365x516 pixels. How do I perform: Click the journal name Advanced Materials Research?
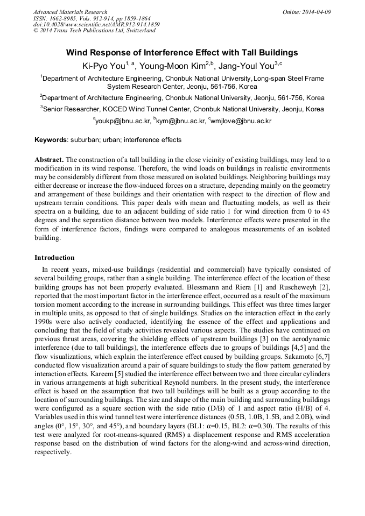[70, 12]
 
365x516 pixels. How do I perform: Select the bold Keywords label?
[51, 140]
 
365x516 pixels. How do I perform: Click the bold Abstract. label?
[49, 160]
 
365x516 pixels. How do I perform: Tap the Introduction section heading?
[54, 258]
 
